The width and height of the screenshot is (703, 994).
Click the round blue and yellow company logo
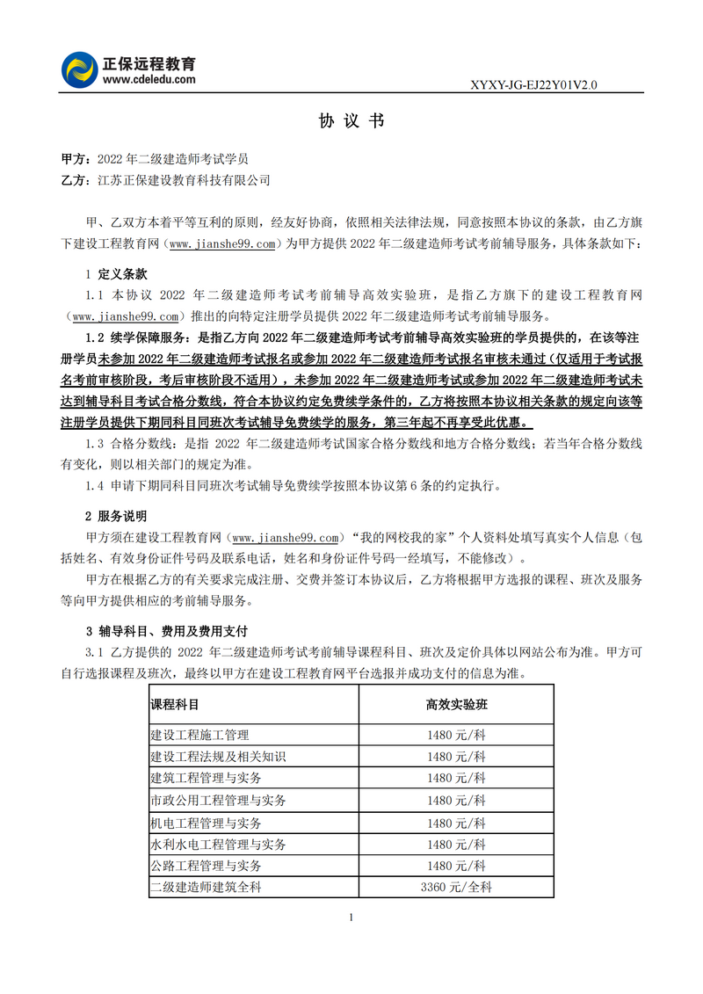80,69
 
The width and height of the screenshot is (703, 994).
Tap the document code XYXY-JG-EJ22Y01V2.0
534,85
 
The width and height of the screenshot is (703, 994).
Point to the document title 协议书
351,122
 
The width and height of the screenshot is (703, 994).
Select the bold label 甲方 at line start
73,159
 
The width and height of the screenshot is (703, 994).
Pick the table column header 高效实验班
456,705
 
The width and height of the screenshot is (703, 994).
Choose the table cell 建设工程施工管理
199,735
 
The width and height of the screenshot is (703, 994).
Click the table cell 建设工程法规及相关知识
218,757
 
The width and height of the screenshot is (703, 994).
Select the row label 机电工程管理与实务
206,823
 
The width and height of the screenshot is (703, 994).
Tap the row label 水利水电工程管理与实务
218,845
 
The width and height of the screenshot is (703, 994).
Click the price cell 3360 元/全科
456,888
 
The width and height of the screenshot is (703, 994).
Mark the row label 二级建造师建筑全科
206,888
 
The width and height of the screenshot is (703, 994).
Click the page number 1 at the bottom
351,918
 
